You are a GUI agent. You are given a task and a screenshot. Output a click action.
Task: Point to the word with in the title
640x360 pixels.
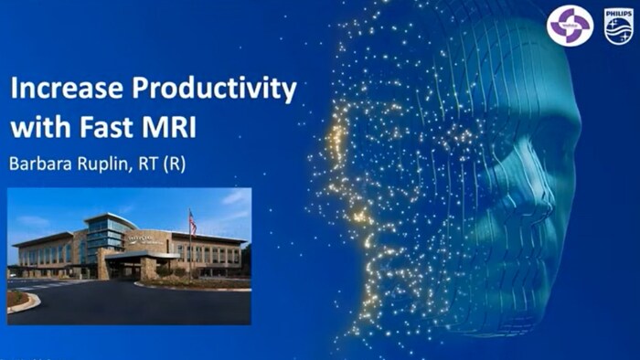(x=39, y=127)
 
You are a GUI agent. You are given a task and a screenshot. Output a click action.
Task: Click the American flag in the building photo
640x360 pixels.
(x=192, y=223)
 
